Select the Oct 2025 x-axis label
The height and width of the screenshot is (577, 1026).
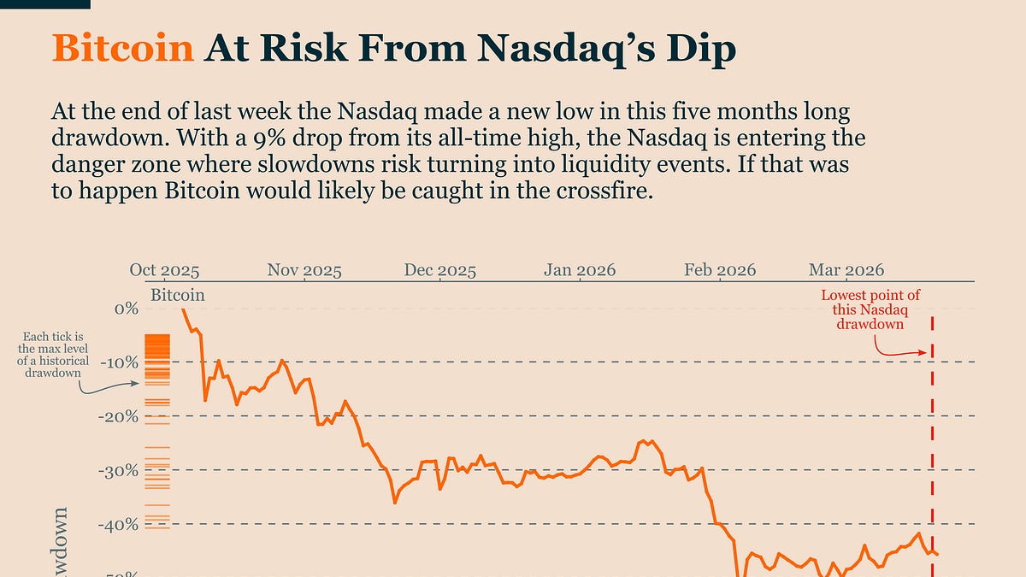pyautogui.click(x=164, y=270)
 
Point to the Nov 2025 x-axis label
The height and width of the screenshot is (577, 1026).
pyautogui.click(x=304, y=270)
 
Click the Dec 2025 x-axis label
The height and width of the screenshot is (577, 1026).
pyautogui.click(x=439, y=270)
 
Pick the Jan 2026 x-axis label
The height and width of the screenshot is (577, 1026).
pyautogui.click(x=580, y=270)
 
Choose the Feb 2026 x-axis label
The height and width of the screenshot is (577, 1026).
pyautogui.click(x=720, y=270)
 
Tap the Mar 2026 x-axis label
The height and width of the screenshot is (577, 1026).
pyautogui.click(x=846, y=270)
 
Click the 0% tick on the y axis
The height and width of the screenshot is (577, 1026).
pyautogui.click(x=126, y=309)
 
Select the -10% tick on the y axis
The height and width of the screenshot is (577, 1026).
pyautogui.click(x=119, y=362)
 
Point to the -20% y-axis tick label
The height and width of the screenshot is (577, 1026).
pyautogui.click(x=119, y=416)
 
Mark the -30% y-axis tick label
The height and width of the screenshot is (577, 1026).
pyautogui.click(x=119, y=470)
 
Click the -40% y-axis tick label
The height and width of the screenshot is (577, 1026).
pyautogui.click(x=119, y=524)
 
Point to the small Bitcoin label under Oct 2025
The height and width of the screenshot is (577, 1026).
pyautogui.click(x=177, y=295)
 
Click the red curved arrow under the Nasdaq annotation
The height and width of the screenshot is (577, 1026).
pyautogui.click(x=898, y=348)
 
